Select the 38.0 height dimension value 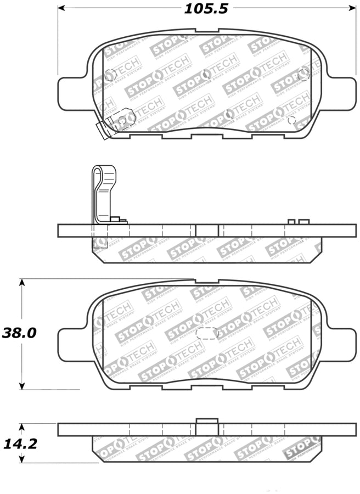[x=19, y=333]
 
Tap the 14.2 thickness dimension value [x=19, y=444]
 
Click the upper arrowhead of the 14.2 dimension [x=22, y=426]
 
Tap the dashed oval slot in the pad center [x=207, y=333]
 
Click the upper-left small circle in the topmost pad [x=109, y=75]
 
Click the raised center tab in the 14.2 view [x=207, y=424]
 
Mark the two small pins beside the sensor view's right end [x=299, y=221]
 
